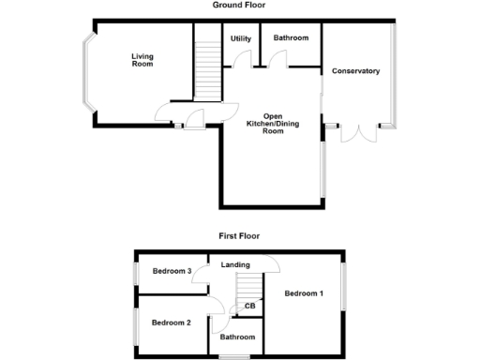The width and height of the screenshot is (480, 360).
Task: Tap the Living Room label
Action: click(x=142, y=61)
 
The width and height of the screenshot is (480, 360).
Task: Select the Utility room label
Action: click(x=239, y=38)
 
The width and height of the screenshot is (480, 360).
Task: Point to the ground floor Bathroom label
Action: click(x=291, y=38)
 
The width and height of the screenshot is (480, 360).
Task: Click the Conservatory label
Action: click(x=355, y=70)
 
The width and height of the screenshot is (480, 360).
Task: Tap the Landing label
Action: click(x=235, y=265)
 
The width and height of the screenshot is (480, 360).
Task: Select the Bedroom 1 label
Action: click(x=304, y=294)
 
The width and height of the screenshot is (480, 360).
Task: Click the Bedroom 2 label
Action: click(x=172, y=322)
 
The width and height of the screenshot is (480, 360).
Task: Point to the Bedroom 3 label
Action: click(x=172, y=272)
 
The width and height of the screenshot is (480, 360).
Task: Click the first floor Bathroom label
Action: click(x=237, y=337)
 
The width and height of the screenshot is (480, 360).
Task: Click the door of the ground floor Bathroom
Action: click(x=278, y=60)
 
